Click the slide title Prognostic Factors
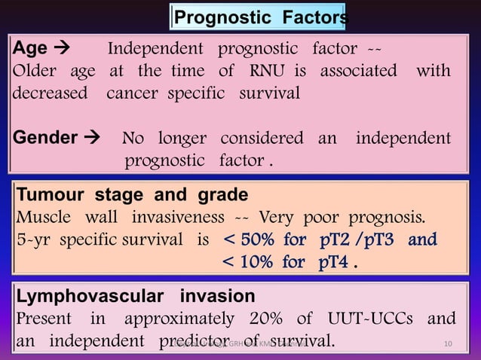261,17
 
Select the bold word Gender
44,138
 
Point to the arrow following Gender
93,138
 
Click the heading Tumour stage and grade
132,196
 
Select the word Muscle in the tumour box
44,218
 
